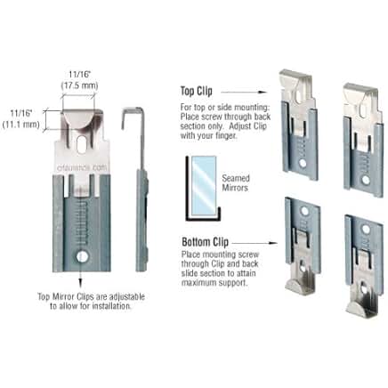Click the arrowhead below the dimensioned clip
pyautogui.click(x=82, y=284)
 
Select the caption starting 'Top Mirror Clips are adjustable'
pyautogui.click(x=82, y=302)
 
